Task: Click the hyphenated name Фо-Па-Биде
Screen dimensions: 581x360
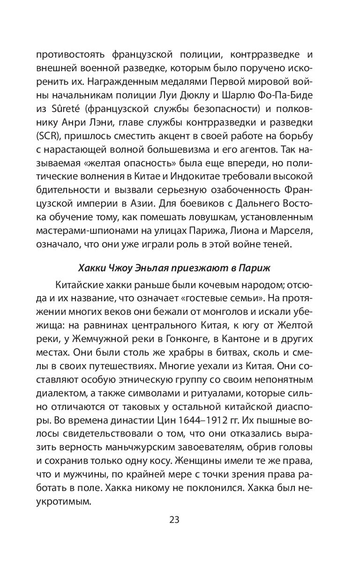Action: [x=294, y=94]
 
